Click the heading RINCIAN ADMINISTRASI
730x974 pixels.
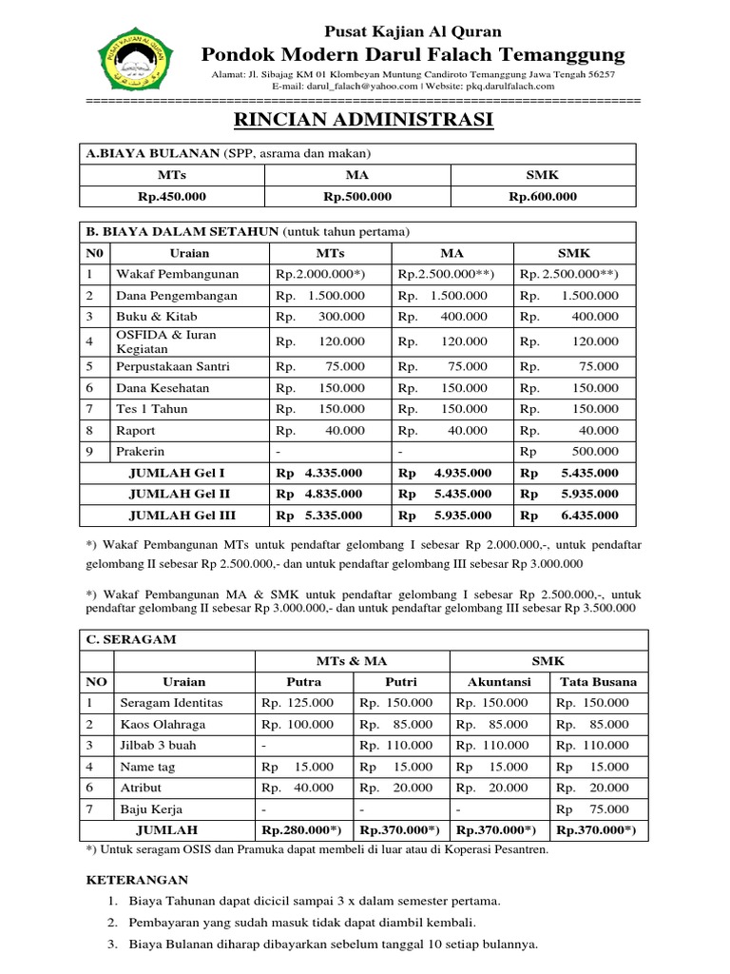tap(363, 121)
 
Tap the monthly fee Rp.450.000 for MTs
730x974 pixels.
tap(172, 197)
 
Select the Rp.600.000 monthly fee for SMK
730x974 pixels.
tap(543, 197)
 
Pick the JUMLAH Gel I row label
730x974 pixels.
tap(176, 473)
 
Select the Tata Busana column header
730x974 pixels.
tap(599, 682)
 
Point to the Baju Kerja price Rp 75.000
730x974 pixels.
tap(593, 809)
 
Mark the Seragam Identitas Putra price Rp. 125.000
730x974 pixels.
tap(298, 703)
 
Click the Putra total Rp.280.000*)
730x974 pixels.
tap(301, 830)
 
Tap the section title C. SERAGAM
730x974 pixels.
tap(131, 639)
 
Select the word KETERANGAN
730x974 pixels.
tap(137, 880)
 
